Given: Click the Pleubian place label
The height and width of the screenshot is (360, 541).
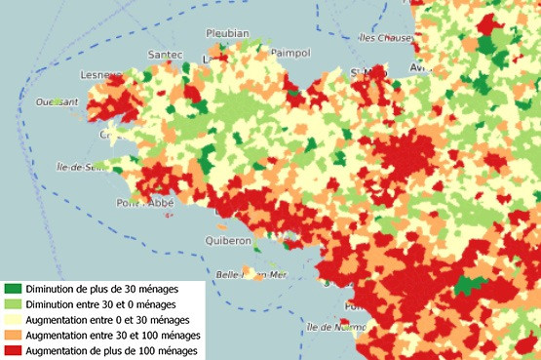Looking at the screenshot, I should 228,33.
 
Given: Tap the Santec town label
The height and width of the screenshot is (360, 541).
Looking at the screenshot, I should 165,54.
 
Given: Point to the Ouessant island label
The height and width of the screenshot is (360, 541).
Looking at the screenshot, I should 57,100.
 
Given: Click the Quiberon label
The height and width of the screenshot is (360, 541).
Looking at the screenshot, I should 229,240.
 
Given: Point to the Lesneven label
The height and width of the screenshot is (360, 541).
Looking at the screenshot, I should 102,74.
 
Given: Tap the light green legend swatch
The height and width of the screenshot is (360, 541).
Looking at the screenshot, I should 13,304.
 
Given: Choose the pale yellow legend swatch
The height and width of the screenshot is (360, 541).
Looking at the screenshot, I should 13,320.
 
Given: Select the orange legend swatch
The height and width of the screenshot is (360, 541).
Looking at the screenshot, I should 13,335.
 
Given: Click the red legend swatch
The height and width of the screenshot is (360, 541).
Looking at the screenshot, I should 13,349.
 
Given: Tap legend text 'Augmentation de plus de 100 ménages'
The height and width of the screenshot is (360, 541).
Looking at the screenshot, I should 113,349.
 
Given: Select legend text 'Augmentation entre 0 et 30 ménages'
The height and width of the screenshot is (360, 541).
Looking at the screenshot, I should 109,320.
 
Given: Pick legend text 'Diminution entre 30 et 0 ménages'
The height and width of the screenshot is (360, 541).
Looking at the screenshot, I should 105,304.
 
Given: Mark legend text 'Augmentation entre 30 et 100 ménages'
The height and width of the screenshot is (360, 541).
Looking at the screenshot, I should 113,335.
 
